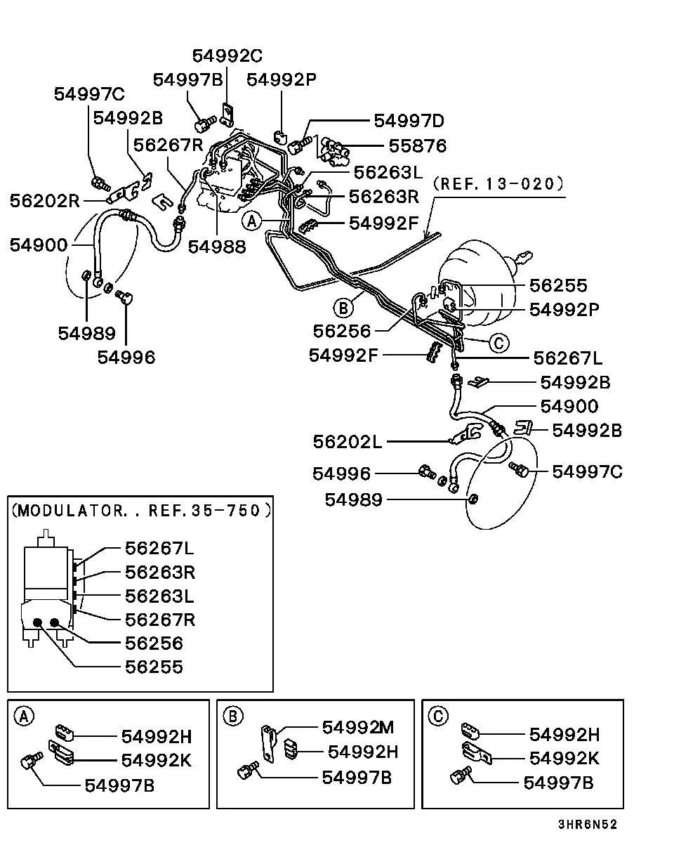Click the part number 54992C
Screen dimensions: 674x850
(227, 55)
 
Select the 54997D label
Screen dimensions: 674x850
(409, 121)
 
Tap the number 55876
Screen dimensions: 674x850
(418, 145)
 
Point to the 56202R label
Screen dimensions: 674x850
(45, 201)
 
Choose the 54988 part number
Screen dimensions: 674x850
(217, 247)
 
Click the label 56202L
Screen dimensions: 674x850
(348, 442)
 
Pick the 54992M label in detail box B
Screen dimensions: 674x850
(358, 727)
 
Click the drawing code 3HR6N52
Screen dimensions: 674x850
(588, 824)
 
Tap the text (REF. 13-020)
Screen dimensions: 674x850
(498, 184)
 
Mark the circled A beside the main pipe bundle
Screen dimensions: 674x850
(252, 221)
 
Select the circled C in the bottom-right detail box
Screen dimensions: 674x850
(438, 716)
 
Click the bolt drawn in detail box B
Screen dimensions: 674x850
(248, 771)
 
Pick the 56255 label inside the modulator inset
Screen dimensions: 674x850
(154, 667)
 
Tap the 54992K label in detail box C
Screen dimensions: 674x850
(564, 759)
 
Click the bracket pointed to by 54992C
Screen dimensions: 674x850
(227, 115)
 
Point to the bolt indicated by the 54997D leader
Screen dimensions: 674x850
(302, 145)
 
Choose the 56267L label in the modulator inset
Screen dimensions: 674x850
(159, 549)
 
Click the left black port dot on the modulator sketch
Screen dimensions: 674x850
(37, 623)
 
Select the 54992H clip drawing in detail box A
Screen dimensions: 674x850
(65, 733)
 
